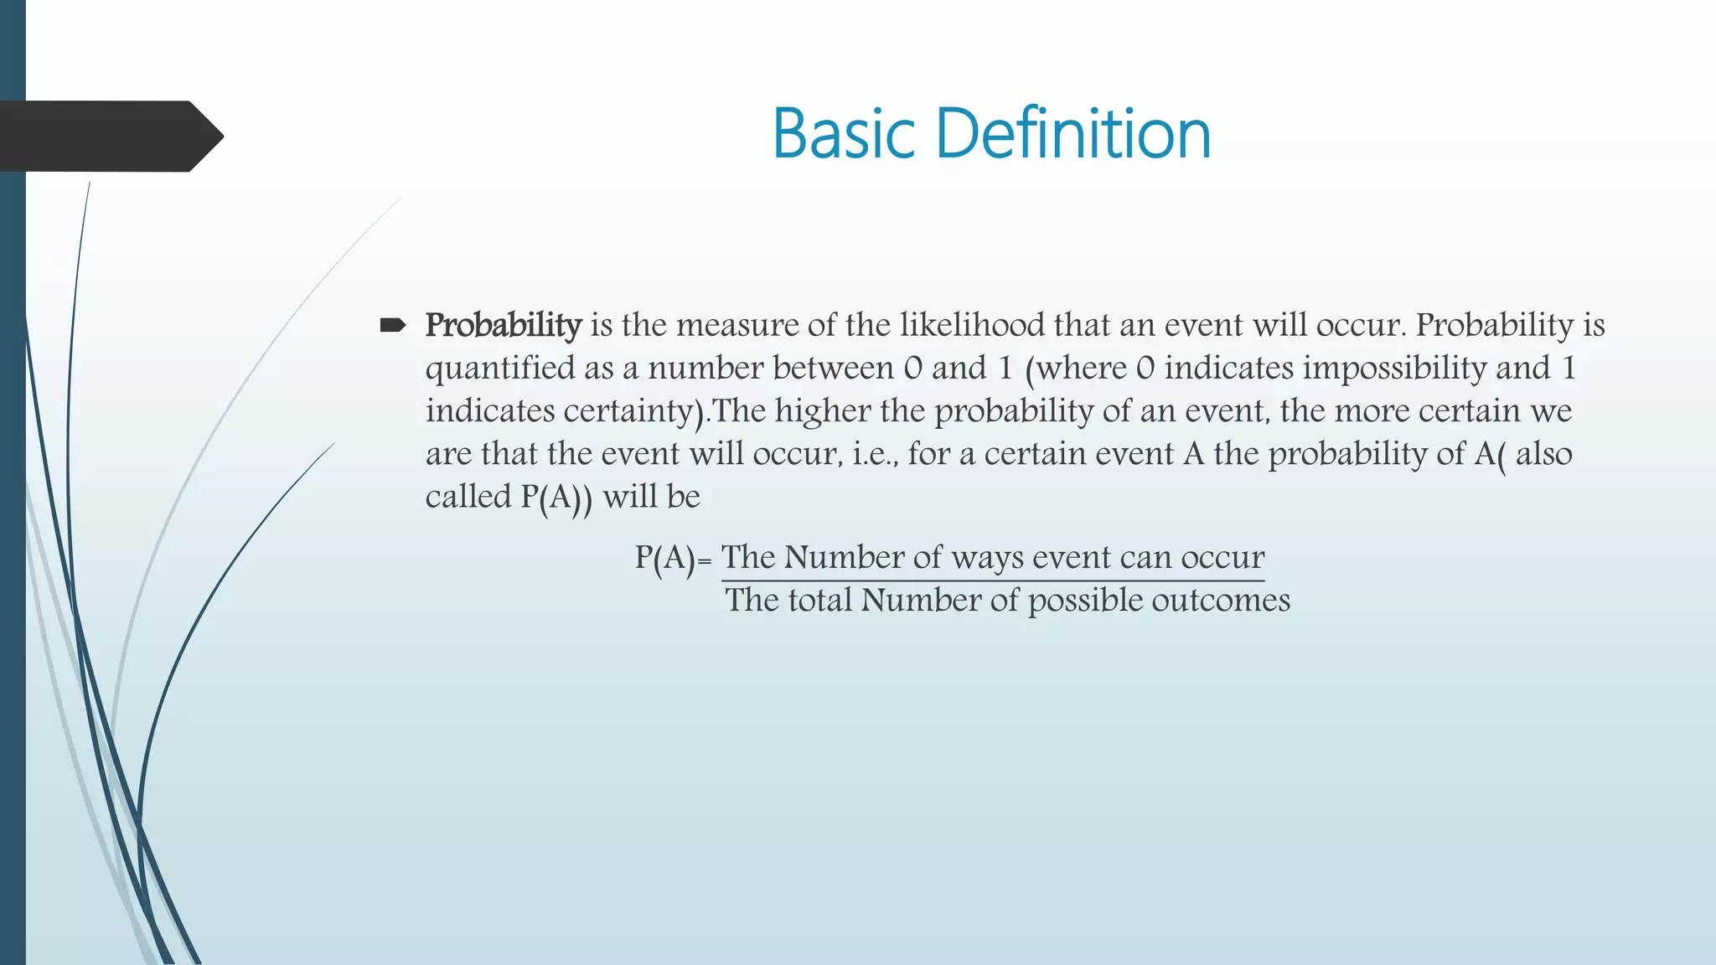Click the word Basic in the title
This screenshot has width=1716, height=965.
pyautogui.click(x=843, y=133)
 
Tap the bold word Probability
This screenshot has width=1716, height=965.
pyautogui.click(x=503, y=325)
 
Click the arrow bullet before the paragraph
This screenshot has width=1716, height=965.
pyautogui.click(x=392, y=325)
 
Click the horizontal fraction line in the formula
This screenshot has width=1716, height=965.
pyautogui.click(x=992, y=580)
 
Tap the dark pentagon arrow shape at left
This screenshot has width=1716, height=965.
pyautogui.click(x=109, y=137)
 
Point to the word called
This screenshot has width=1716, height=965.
pyautogui.click(x=468, y=497)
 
